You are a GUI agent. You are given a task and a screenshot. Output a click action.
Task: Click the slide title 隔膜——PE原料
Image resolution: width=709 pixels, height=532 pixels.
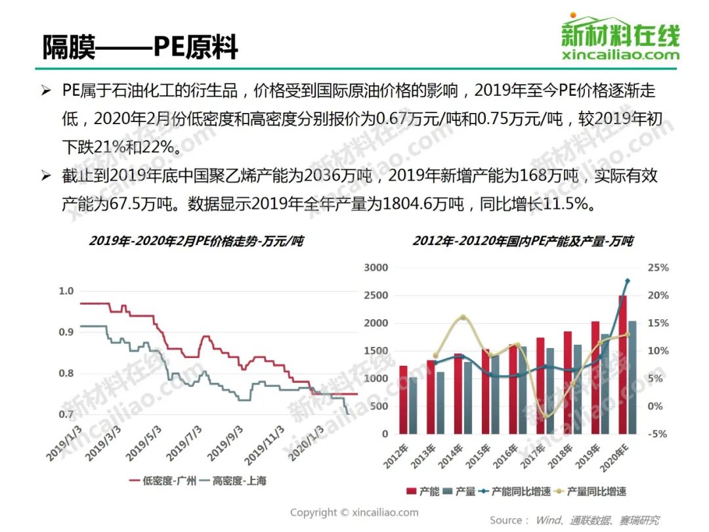pos(140,47)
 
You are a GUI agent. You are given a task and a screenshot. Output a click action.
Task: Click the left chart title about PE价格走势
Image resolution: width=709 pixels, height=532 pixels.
pos(196,241)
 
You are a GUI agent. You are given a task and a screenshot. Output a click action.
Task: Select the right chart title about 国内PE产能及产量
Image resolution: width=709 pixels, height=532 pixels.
pos(523,241)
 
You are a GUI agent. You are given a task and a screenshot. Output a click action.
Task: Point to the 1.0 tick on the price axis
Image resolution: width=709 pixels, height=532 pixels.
pos(66,291)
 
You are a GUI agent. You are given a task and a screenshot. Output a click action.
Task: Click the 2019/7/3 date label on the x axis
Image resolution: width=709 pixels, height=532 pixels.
pos(184,443)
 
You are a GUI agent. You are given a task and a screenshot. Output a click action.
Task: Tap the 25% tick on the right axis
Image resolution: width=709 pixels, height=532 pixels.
pos(658,268)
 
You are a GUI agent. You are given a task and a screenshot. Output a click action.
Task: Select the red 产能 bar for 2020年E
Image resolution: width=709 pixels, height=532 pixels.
pos(622,365)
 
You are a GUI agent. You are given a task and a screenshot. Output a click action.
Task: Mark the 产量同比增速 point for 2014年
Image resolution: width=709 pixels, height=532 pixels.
pos(462,318)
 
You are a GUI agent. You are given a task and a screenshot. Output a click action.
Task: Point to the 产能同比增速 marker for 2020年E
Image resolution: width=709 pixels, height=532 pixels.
pos(627,281)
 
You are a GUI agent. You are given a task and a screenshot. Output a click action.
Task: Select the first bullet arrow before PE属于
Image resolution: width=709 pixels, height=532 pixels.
pos(45,90)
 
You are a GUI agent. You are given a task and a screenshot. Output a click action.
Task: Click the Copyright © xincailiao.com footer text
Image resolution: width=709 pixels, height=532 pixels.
pos(354,512)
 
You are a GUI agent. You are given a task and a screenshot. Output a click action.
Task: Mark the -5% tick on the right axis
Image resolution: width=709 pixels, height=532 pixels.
pos(658,433)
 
